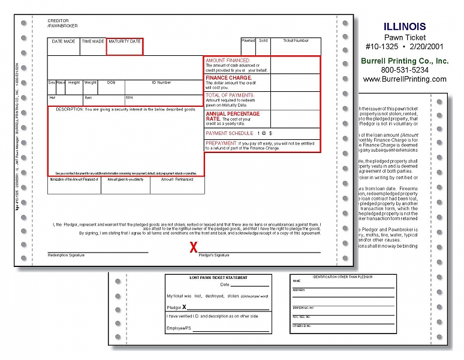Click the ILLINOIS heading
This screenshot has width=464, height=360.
click(404, 26)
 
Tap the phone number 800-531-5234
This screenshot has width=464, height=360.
click(404, 70)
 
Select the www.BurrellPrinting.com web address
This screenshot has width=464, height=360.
click(405, 79)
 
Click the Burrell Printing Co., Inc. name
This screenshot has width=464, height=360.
click(404, 61)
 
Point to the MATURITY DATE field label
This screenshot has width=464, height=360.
click(125, 41)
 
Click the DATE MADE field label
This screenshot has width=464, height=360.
click(64, 41)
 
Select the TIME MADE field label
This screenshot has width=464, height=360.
click(93, 41)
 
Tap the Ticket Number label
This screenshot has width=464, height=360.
click(296, 41)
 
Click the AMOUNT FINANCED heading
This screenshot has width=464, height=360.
click(228, 61)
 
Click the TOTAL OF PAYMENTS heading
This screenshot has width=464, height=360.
click(230, 95)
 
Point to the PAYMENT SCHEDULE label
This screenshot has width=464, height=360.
click(230, 133)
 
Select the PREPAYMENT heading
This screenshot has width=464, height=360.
click(221, 143)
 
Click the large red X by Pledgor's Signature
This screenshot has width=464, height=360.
click(193, 247)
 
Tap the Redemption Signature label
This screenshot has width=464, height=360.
click(66, 256)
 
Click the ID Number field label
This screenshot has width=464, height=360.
click(161, 82)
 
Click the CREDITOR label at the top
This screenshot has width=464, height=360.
click(59, 21)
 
